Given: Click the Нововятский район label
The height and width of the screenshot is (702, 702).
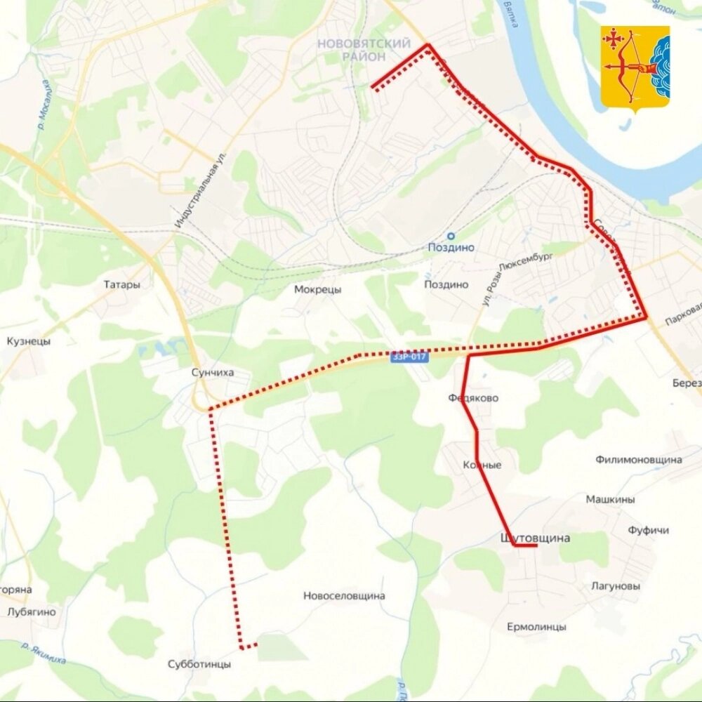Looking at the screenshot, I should point(364,50).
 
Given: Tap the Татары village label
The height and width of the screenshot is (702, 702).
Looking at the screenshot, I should point(121,285).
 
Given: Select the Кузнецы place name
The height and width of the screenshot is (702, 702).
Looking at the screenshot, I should point(29,341).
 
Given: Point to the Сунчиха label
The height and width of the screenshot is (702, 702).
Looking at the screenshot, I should point(211,373).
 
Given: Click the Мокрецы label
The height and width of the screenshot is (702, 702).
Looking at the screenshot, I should point(317,289).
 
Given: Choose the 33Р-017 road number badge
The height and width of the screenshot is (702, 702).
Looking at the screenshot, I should point(409,357).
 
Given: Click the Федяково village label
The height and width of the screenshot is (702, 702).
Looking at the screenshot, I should point(473,398).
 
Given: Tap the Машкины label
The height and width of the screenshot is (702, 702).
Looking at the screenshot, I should point(610,500).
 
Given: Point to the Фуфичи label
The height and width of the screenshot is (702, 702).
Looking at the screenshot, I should point(648,530).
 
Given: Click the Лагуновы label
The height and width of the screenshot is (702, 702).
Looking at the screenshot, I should point(615,585).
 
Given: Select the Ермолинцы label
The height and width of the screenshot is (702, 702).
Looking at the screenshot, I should point(536,627).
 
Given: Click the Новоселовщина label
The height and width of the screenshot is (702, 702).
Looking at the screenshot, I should point(344,596).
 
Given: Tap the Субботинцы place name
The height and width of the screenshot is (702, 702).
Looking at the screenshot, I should point(199,663).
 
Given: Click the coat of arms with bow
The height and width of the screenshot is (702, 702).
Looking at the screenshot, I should point(635,69).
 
